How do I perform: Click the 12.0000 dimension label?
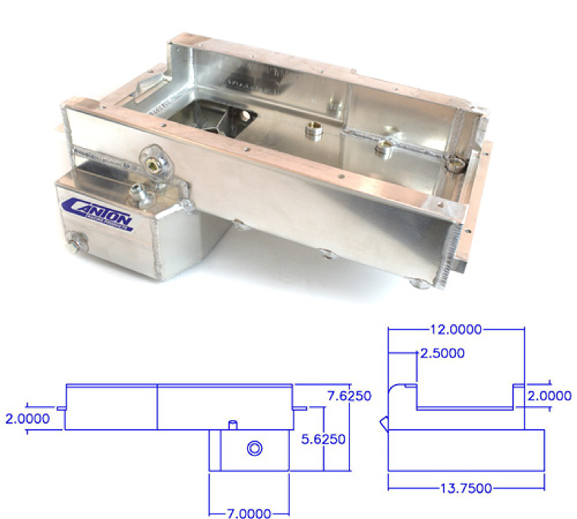(456, 330)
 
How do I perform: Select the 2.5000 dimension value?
(442, 354)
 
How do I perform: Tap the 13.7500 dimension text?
(466, 489)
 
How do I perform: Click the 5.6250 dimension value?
(323, 439)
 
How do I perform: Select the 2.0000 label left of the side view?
(27, 419)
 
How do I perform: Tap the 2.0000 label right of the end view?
(549, 396)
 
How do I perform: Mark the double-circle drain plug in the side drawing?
(254, 449)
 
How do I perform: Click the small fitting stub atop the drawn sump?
(233, 425)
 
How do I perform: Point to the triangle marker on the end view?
(384, 423)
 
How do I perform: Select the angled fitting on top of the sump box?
(139, 194)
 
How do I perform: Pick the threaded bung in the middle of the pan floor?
(314, 131)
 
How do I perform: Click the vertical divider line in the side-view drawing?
(157, 407)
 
